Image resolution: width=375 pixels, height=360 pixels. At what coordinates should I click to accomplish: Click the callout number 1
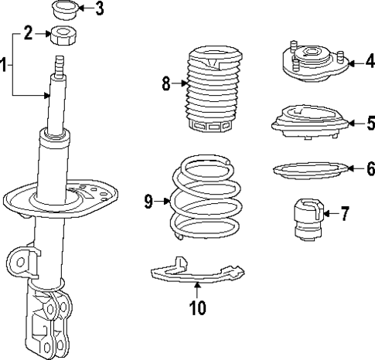5,65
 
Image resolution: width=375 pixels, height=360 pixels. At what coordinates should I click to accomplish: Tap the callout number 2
29,33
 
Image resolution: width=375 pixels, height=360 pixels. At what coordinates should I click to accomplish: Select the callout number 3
99,9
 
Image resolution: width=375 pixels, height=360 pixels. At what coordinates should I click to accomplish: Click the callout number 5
349,122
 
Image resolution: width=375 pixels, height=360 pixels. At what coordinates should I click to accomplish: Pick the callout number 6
349,167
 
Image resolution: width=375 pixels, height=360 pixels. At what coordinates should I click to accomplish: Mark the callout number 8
165,83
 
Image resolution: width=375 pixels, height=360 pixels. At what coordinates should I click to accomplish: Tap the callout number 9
148,202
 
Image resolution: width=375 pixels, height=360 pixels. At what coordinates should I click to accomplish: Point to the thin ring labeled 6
307,168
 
